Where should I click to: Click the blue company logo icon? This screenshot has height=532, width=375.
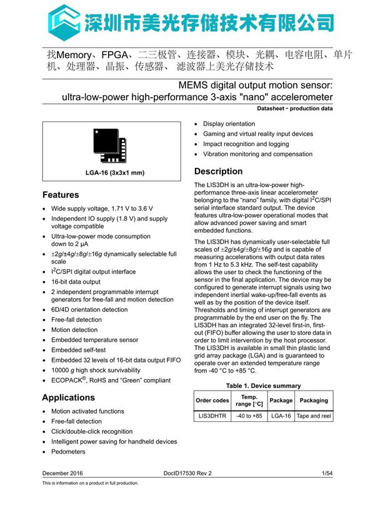[x=61, y=19]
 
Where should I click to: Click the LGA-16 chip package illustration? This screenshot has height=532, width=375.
[x=109, y=145]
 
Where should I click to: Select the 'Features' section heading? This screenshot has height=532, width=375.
[x=61, y=195]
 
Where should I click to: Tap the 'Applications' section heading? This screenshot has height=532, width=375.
[x=68, y=397]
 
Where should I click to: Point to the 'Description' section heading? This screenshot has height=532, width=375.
[x=218, y=171]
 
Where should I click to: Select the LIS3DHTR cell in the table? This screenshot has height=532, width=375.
[x=212, y=416]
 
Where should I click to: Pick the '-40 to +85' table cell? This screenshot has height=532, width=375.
[x=249, y=416]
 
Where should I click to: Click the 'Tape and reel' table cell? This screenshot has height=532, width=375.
[x=313, y=416]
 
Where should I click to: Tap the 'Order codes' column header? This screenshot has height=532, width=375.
[x=212, y=401]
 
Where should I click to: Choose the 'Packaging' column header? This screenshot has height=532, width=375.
[x=313, y=401]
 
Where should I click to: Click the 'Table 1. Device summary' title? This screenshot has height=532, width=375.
[x=263, y=386]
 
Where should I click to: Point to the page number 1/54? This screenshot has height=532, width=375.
[x=326, y=473]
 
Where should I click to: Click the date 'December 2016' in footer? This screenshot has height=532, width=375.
[x=62, y=473]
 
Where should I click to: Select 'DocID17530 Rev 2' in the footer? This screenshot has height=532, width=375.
[x=187, y=473]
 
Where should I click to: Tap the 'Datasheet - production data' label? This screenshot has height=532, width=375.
[x=294, y=109]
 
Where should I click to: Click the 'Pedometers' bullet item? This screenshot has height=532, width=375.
[x=68, y=451]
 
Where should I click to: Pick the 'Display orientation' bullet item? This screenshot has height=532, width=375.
[x=229, y=124]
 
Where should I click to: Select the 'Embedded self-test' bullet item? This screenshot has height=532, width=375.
[x=79, y=350]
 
